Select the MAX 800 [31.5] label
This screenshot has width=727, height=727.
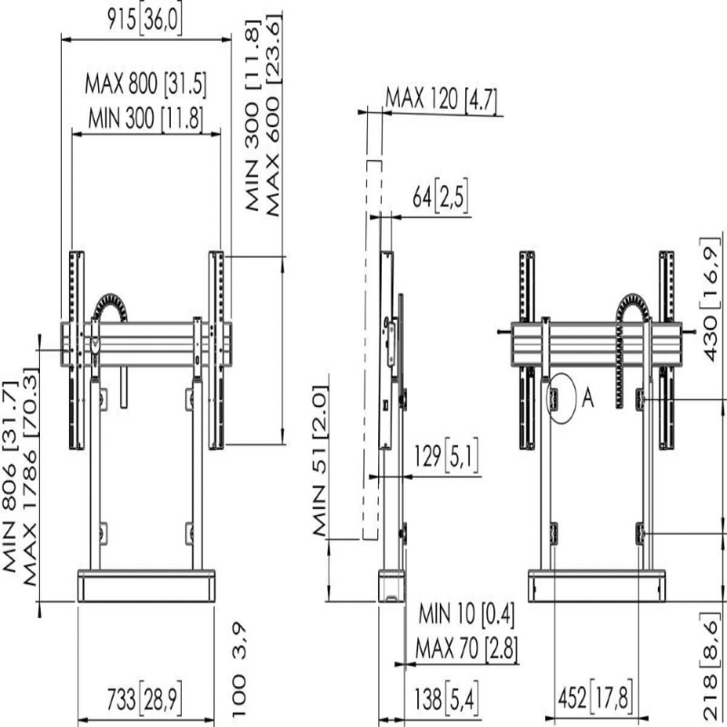pyautogui.click(x=145, y=85)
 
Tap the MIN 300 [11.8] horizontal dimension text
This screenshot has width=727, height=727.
pyautogui.click(x=145, y=118)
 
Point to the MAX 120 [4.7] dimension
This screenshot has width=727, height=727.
pyautogui.click(x=442, y=99)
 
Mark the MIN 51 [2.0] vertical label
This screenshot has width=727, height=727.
pyautogui.click(x=321, y=461)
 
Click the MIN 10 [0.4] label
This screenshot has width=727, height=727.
pyautogui.click(x=466, y=614)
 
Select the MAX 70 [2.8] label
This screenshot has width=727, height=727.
pyautogui.click(x=466, y=648)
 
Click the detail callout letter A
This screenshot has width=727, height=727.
pyautogui.click(x=587, y=398)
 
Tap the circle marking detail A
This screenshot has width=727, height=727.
pyautogui.click(x=561, y=399)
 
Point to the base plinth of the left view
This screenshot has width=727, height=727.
pyautogui.click(x=146, y=585)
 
